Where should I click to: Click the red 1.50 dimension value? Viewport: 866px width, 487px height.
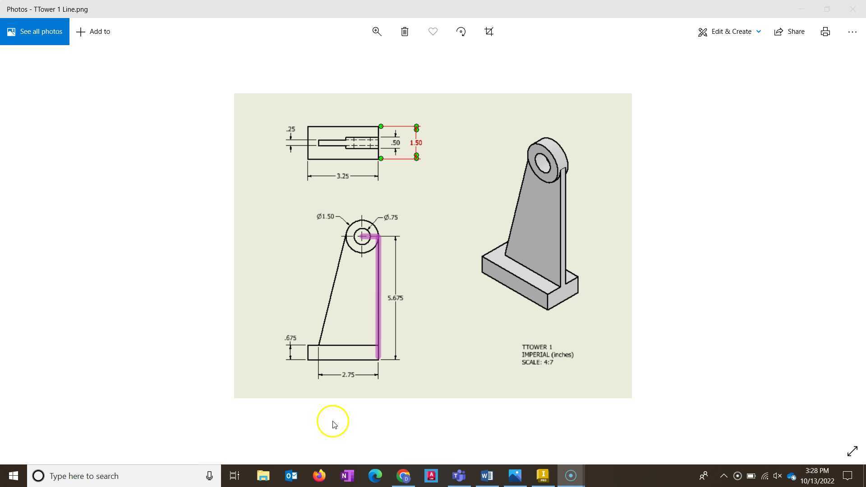[415, 143]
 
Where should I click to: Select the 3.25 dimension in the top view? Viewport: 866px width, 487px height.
[342, 176]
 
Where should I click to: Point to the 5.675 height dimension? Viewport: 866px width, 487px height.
[395, 298]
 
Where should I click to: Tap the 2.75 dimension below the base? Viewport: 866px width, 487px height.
[348, 375]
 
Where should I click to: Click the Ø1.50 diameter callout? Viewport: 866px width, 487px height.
[325, 216]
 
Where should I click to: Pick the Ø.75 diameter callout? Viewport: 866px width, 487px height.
[391, 217]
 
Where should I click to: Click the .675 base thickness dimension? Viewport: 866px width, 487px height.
[290, 338]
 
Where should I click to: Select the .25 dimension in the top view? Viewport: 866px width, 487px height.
[290, 129]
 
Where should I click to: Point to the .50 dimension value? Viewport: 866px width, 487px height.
[396, 143]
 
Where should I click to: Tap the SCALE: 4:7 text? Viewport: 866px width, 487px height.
[537, 363]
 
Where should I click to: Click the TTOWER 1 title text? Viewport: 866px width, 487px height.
[537, 347]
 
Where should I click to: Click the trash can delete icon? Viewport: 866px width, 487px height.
[405, 32]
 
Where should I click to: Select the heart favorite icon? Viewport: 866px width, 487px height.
[433, 32]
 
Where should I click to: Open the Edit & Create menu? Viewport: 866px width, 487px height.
[729, 32]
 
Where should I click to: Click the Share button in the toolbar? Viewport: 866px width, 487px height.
[789, 32]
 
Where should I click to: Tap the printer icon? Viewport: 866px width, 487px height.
[825, 32]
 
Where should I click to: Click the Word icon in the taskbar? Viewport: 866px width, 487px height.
[487, 476]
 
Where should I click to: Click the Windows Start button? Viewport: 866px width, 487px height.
[13, 476]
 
